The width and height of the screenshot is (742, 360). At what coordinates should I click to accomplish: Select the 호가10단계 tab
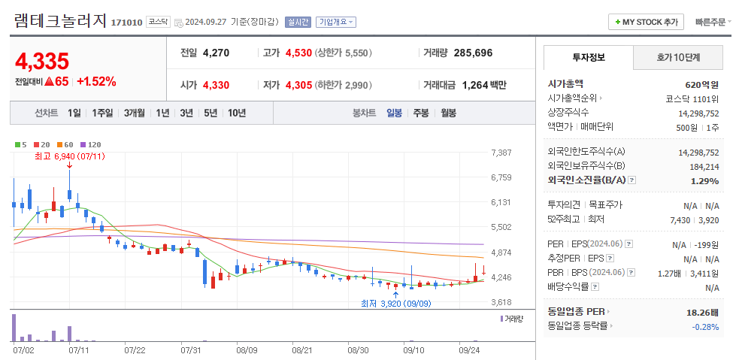[678, 57]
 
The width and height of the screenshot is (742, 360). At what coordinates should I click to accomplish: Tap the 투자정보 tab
[588, 57]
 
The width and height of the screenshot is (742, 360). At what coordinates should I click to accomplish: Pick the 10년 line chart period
[237, 113]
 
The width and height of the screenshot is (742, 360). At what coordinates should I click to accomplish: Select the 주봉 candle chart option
[421, 113]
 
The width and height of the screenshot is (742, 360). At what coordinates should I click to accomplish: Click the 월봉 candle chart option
[448, 113]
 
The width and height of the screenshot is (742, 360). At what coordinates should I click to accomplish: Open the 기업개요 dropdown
[336, 22]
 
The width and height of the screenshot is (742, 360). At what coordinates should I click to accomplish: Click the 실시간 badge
[298, 22]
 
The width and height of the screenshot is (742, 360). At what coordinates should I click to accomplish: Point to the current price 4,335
[42, 61]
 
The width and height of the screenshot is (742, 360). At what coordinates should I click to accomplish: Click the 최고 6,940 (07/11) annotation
[69, 156]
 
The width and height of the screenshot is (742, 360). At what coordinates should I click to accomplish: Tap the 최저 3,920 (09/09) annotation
[395, 304]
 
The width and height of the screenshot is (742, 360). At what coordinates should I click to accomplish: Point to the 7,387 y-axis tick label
[501, 153]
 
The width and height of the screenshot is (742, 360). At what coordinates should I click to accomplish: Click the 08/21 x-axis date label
[301, 349]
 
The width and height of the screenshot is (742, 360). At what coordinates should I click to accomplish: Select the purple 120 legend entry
[90, 144]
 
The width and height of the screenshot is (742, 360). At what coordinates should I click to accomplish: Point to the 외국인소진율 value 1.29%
[704, 180]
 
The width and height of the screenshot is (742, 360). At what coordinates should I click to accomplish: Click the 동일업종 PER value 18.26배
[702, 312]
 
